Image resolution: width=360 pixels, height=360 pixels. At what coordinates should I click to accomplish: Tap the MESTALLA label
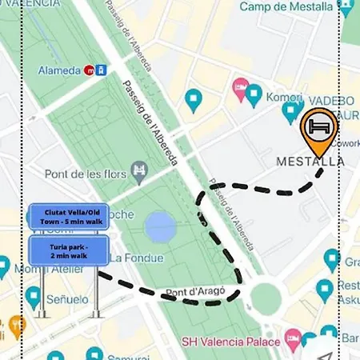tap(310, 162)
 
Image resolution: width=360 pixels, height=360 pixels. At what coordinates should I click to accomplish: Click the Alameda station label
tap(59, 70)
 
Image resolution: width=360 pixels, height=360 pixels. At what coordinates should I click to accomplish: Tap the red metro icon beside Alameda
tap(89, 70)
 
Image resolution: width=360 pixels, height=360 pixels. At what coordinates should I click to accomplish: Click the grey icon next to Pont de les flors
tap(141, 169)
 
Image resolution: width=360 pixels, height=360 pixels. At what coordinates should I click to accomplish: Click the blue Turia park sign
tap(67, 250)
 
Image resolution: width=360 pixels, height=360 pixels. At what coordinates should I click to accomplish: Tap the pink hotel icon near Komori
tap(240, 86)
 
